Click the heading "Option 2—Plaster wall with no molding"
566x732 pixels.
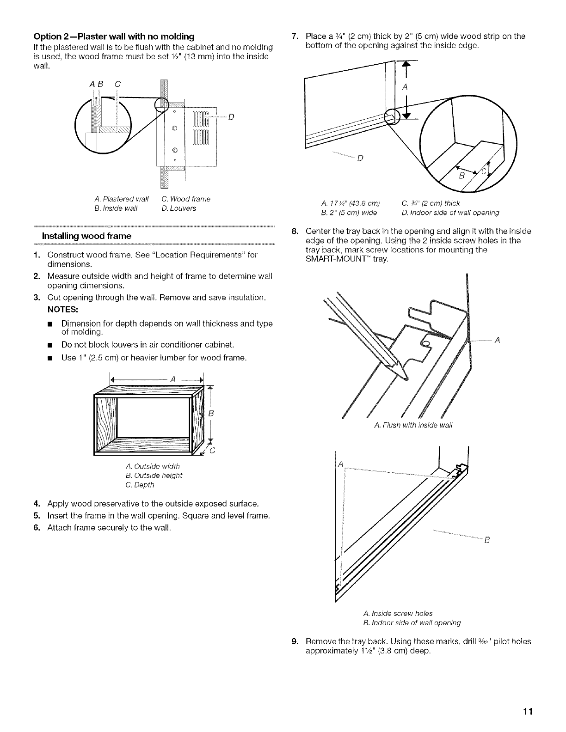[x=113, y=37]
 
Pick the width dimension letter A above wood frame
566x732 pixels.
[x=173, y=379]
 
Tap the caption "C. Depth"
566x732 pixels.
[x=140, y=485]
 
